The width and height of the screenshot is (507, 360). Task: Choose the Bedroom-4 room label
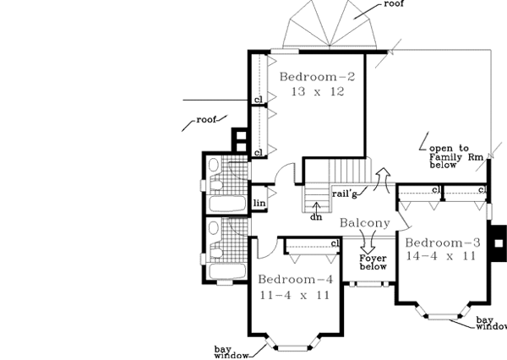(295, 280)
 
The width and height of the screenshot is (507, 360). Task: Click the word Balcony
(365, 224)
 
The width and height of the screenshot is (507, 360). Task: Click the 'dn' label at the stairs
(316, 217)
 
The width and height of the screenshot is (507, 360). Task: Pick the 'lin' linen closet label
(261, 203)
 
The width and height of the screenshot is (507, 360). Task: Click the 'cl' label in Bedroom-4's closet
(335, 244)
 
